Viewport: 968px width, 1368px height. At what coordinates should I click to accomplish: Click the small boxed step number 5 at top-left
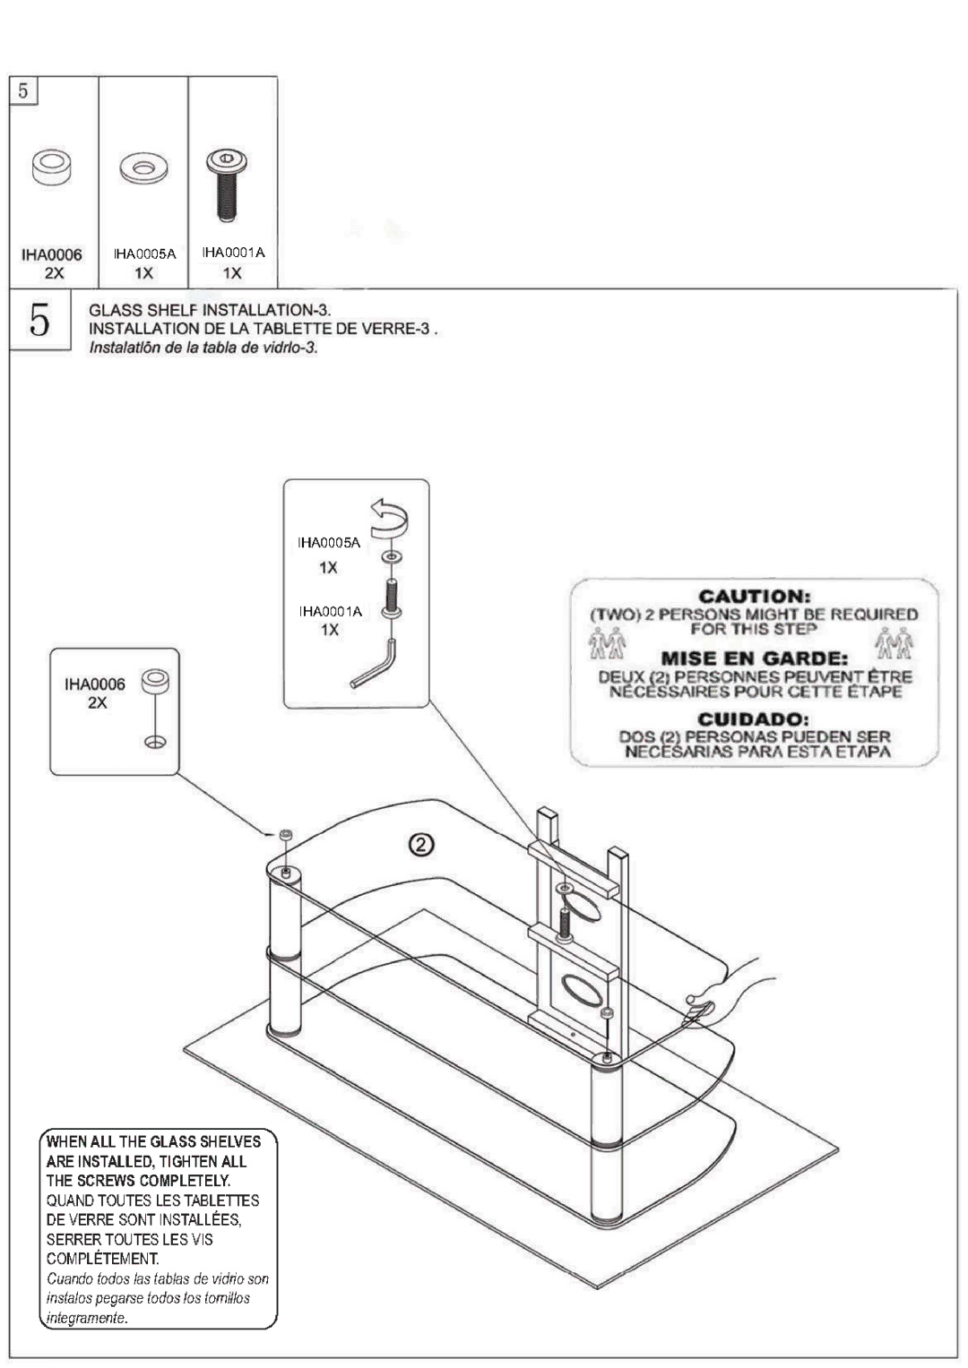coord(23,90)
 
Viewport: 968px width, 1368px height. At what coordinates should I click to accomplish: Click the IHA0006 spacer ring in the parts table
coord(52,167)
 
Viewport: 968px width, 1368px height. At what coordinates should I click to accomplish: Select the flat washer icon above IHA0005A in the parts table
coord(143,168)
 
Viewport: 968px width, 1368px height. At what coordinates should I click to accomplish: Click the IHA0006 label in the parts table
coord(52,255)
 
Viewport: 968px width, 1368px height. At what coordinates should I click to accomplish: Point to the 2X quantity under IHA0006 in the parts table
coord(53,273)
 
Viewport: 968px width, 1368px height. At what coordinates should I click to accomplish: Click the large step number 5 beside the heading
coord(39,320)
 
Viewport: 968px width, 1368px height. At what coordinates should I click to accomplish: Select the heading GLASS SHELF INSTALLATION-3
coord(210,310)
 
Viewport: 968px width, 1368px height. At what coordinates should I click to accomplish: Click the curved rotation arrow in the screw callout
coord(390,520)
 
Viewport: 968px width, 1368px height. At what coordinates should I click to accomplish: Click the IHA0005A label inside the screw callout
coord(329,543)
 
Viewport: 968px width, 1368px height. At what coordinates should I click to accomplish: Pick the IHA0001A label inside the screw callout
coord(331,611)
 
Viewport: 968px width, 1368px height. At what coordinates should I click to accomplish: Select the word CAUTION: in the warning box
coord(755,596)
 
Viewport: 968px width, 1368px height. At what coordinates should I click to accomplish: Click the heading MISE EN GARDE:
coord(755,658)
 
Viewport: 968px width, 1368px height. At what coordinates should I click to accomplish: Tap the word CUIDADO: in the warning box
coord(755,719)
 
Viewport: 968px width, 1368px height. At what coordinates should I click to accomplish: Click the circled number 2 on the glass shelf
coord(422,845)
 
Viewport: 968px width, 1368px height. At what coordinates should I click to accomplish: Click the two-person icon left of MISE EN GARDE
coord(609,644)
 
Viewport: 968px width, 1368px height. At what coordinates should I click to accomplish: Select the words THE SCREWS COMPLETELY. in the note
coord(138,1181)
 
